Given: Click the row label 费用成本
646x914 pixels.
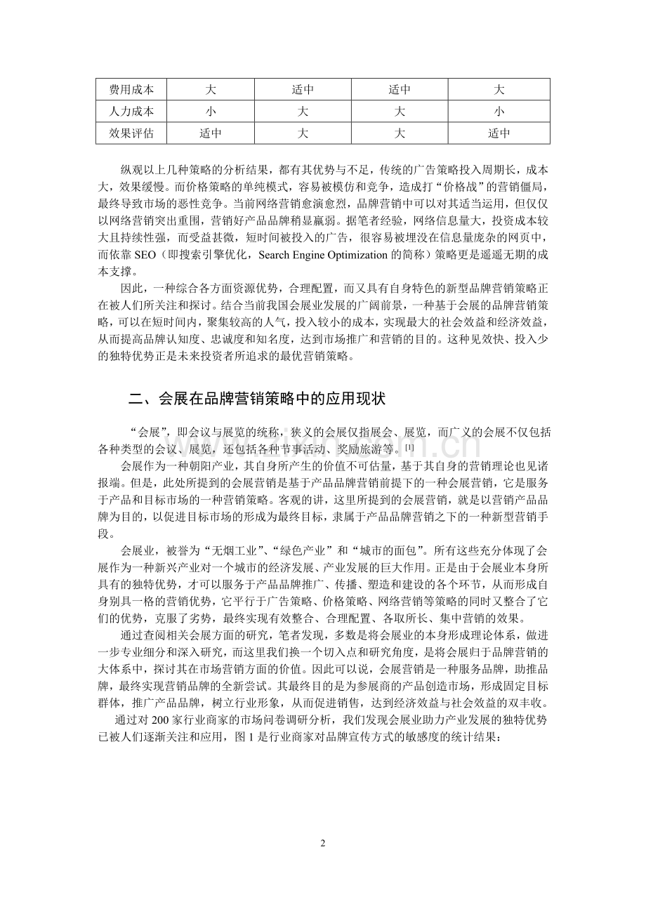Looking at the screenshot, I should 131,90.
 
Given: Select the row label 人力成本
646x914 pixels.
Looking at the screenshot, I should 131,111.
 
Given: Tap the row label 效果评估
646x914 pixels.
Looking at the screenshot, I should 131,132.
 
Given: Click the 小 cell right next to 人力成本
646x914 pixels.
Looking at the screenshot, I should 211,111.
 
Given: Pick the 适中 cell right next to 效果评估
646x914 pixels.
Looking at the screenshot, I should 211,132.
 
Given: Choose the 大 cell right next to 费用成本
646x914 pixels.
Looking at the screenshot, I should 211,90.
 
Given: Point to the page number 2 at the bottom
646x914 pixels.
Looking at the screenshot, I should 323,843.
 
